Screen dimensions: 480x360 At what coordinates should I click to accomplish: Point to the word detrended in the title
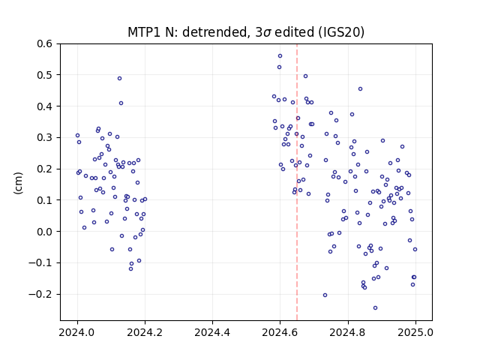point(214,32)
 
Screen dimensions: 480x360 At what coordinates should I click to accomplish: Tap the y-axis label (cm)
point(18,183)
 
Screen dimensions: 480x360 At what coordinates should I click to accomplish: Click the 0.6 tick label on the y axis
point(45,43)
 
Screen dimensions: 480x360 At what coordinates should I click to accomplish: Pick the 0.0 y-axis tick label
point(45,232)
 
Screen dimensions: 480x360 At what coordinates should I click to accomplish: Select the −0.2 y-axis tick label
point(40,294)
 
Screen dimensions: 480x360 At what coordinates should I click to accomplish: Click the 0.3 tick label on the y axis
point(45,138)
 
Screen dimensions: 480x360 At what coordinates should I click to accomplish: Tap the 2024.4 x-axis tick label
point(212,332)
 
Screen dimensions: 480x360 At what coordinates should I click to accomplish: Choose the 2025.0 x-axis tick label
point(415,332)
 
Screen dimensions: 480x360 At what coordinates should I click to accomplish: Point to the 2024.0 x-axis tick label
point(77,332)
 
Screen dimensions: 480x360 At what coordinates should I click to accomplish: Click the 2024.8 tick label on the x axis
point(348,332)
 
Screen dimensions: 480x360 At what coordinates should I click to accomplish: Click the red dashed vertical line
point(297,182)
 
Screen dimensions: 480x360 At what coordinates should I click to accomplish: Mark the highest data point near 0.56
point(280,56)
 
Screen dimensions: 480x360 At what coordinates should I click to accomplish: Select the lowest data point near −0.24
point(375,308)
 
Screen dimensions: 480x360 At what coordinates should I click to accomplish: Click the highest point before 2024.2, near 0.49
point(119,78)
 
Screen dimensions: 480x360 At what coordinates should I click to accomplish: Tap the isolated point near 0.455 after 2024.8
point(360,88)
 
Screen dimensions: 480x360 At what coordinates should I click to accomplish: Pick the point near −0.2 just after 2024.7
point(325,295)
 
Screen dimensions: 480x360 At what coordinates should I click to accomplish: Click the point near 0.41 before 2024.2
point(121,103)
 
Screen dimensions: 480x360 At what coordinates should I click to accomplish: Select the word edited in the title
point(295,32)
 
